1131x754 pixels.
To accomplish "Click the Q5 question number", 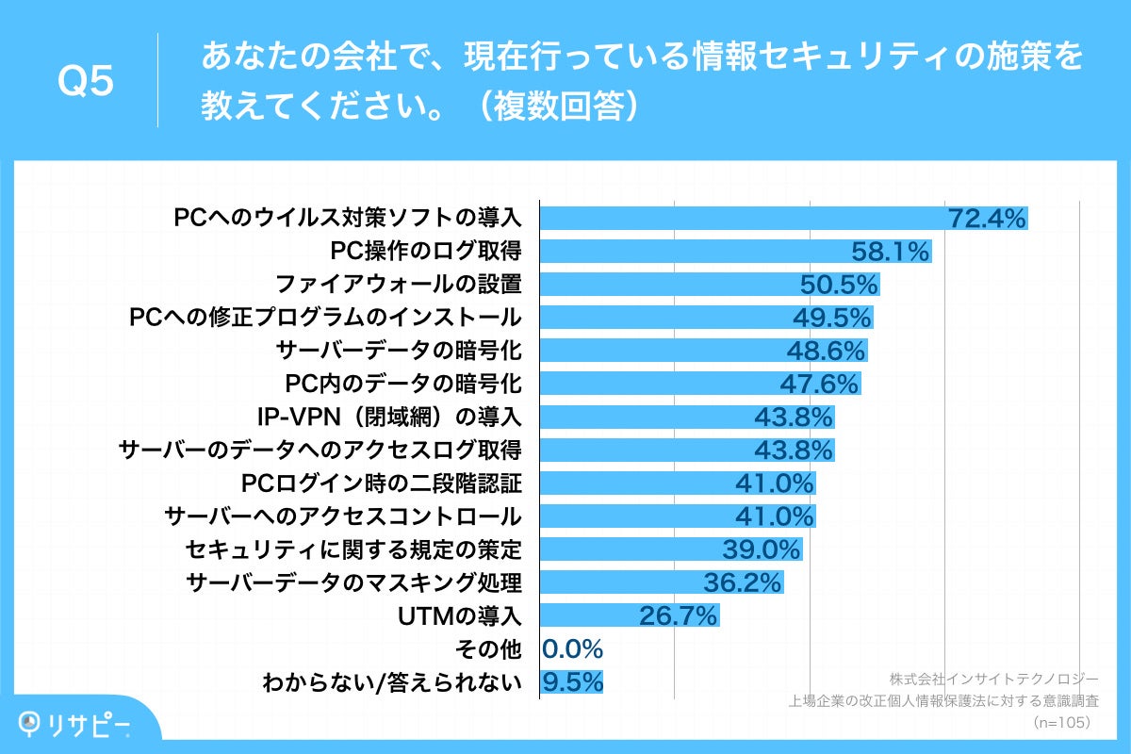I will click(85, 82).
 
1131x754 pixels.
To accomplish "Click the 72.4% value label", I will click(986, 219).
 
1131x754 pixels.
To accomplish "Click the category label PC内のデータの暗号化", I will click(402, 384).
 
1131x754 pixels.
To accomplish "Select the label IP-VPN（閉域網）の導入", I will click(389, 417).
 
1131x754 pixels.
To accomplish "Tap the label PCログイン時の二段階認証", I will click(381, 484).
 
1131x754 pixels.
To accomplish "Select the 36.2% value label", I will click(743, 582).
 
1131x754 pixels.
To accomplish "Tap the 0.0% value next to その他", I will click(572, 648).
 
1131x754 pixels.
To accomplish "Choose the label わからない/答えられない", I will click(393, 682).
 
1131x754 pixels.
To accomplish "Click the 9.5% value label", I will click(572, 682).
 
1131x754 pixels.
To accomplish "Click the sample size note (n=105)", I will click(1062, 722).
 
